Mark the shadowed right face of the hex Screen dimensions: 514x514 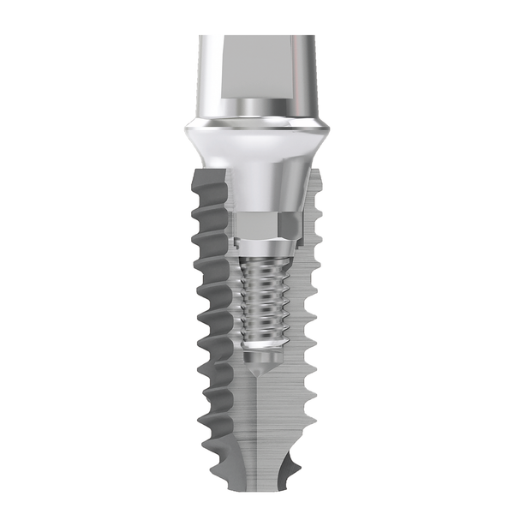[x=290, y=226]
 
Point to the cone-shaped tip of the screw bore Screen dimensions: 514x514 [x=257, y=368]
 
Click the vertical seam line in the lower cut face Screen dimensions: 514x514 [x=256, y=437]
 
